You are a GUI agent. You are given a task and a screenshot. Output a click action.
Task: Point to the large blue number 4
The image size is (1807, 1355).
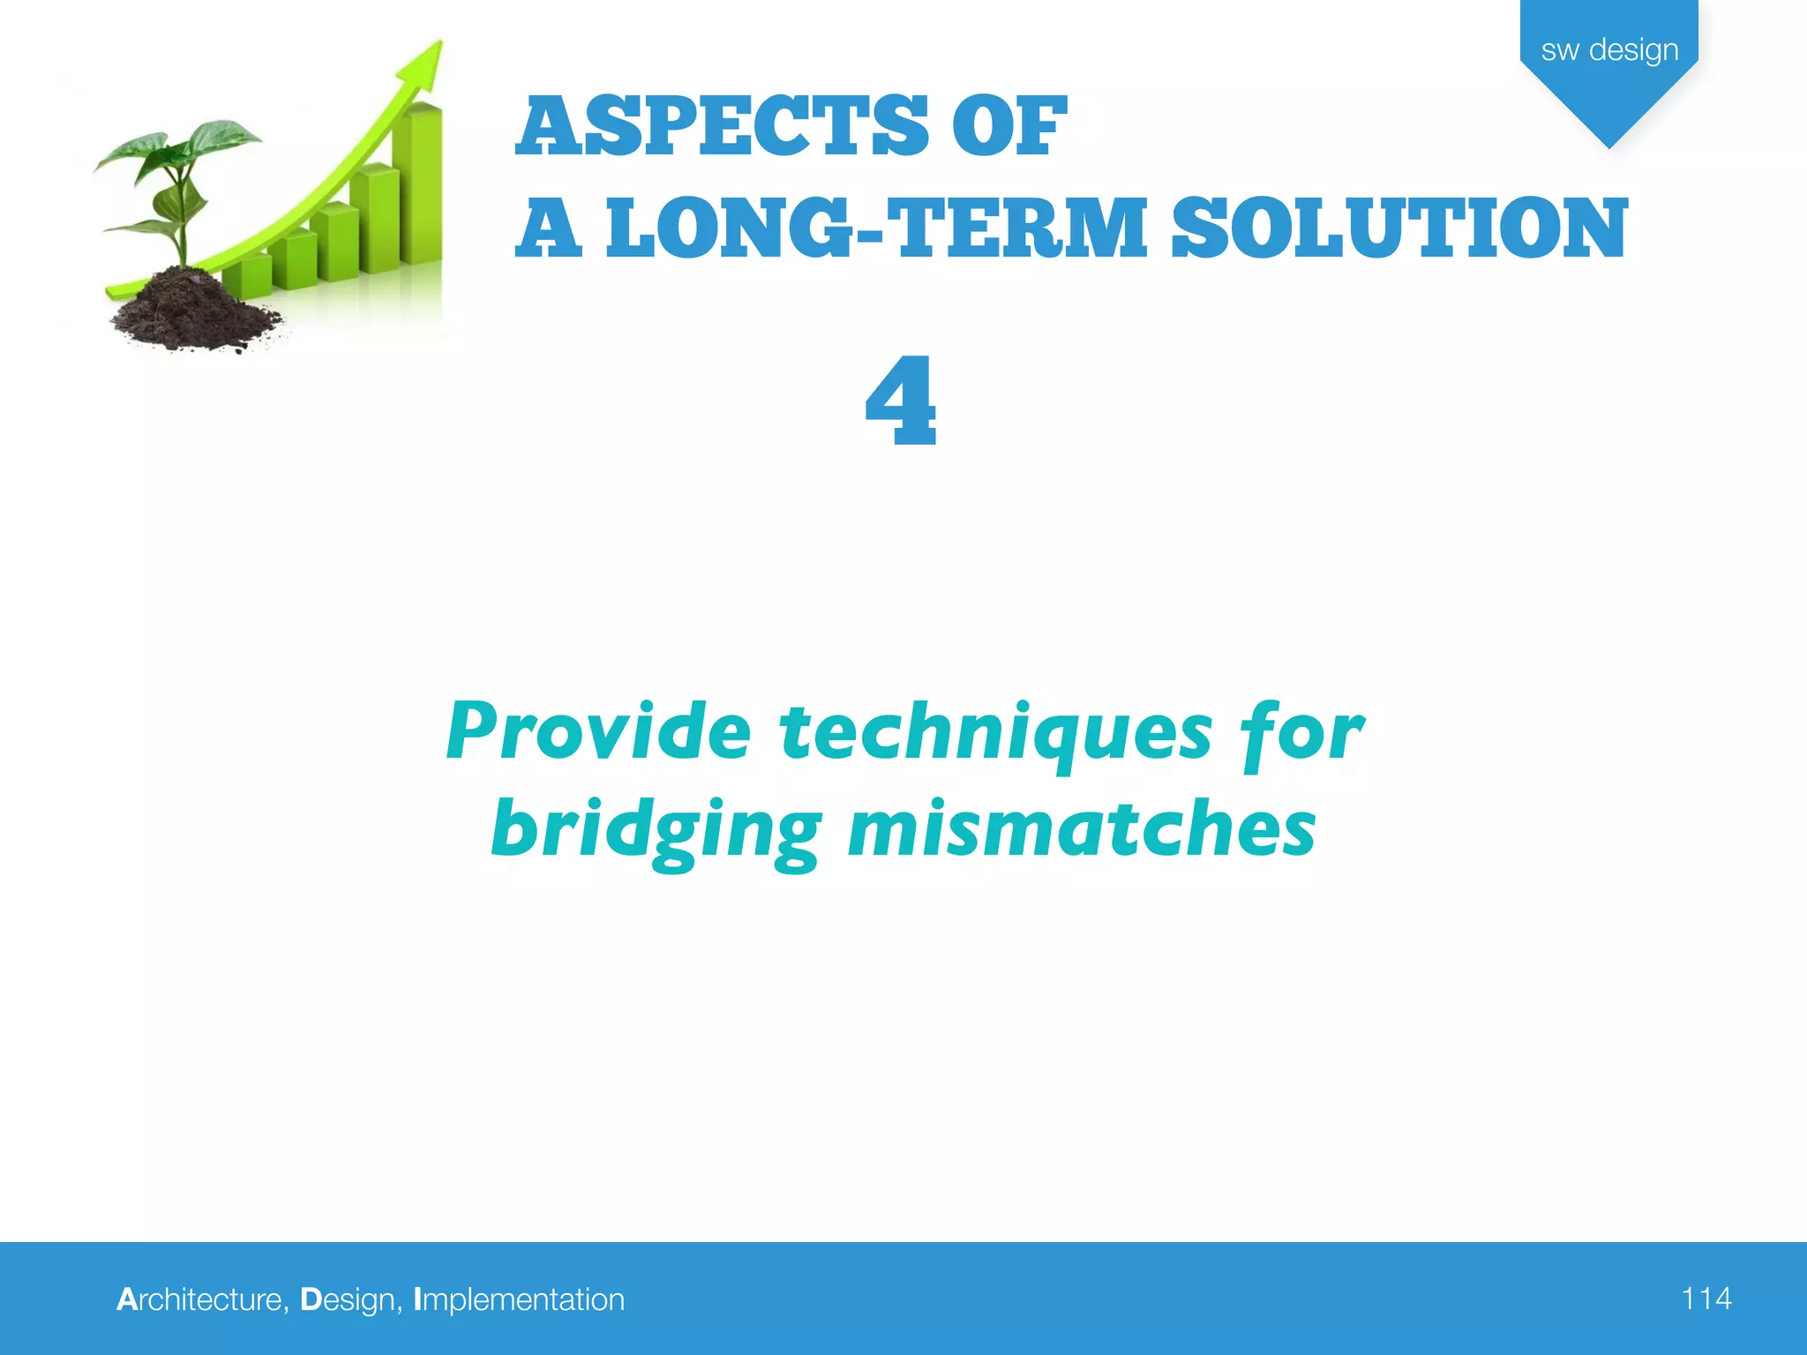click(x=900, y=401)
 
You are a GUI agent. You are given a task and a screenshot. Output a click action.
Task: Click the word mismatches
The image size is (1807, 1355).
click(x=1082, y=829)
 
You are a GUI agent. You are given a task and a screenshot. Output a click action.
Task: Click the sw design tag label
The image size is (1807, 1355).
click(x=1608, y=50)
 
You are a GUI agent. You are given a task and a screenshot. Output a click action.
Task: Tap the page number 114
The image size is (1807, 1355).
click(x=1706, y=1299)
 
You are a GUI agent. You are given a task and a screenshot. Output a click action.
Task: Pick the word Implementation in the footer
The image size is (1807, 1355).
click(x=519, y=1299)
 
